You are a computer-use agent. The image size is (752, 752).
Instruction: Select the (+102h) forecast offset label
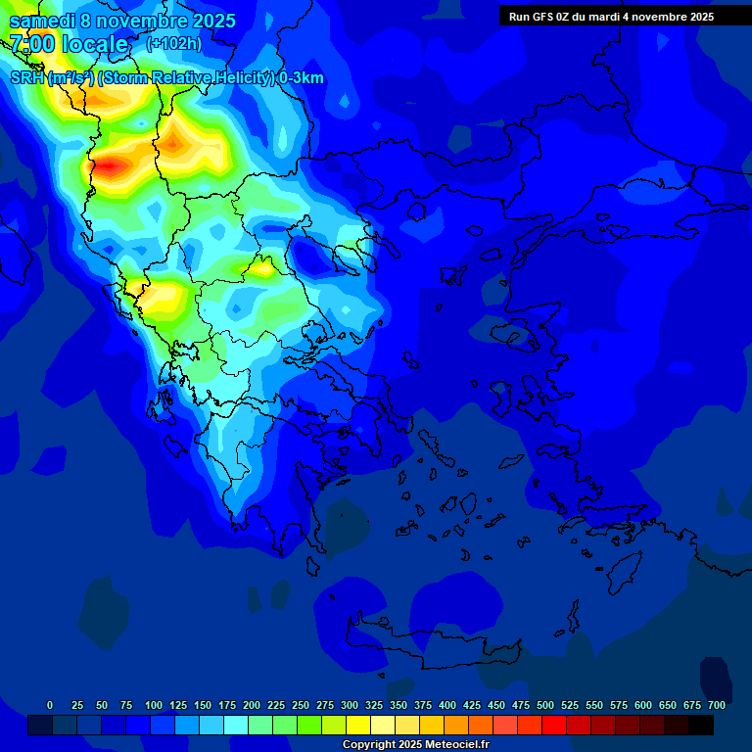173,44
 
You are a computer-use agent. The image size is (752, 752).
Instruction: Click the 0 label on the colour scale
50,705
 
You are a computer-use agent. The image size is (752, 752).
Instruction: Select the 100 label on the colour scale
154,705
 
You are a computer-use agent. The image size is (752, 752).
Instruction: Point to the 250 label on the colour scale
301,705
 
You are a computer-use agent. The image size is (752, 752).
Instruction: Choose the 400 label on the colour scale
447,705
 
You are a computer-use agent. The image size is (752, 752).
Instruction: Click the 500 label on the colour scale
545,705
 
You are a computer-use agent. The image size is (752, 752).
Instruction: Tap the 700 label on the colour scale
717,705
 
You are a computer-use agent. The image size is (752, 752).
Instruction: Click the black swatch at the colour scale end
701,725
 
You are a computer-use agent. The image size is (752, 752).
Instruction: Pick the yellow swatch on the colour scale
357,725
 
